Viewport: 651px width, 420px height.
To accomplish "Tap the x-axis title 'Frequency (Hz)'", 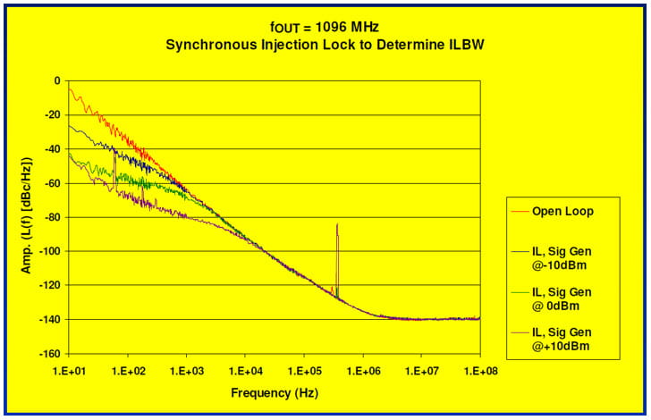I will pos(274,392).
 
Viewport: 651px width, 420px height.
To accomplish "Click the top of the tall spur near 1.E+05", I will pos(337,224).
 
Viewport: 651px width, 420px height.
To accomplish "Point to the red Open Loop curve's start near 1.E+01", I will pos(70,87).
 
